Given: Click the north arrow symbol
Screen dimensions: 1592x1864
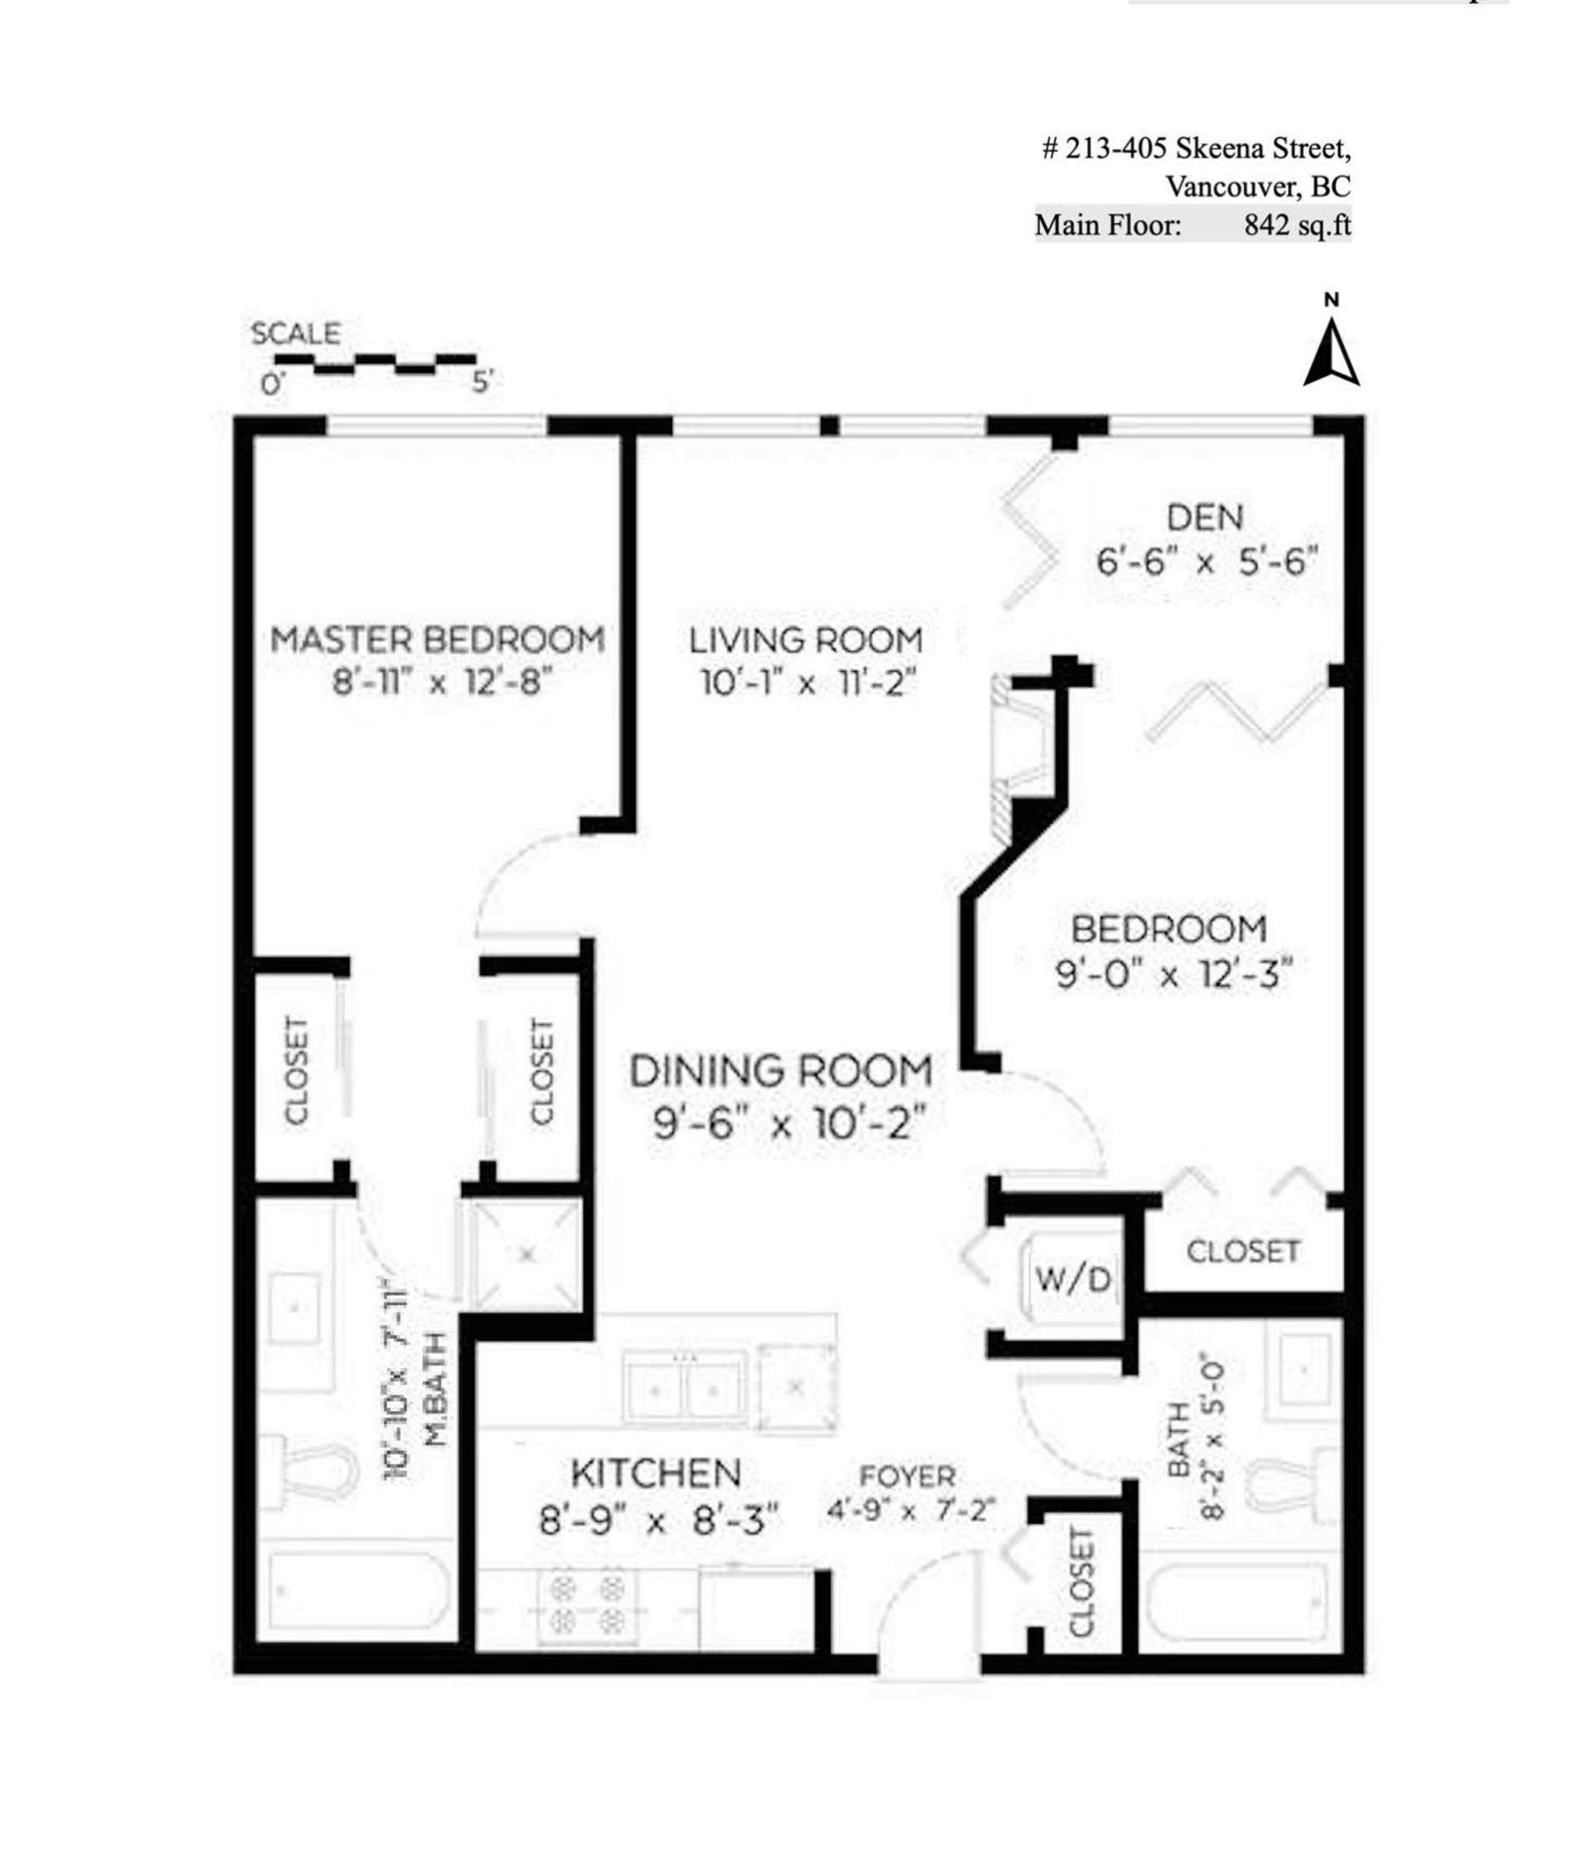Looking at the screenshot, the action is point(1330,353).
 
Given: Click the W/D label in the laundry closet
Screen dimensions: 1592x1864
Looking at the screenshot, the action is point(1073,1278).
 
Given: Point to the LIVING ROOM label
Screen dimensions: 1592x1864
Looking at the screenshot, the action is point(806,640).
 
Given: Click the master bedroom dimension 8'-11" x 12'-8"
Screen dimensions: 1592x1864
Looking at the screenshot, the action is point(441,684).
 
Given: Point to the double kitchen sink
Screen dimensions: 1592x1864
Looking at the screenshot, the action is point(686,1391).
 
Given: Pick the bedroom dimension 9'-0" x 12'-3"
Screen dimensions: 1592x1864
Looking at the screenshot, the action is point(1174,973).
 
